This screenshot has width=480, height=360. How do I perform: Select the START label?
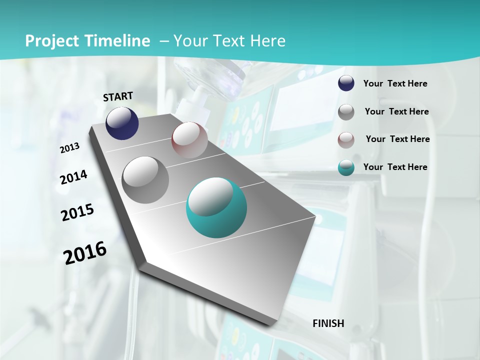(118, 96)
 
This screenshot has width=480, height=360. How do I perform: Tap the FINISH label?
(328, 323)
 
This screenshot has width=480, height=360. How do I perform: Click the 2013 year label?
(69, 148)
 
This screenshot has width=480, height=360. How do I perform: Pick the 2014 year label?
(73, 177)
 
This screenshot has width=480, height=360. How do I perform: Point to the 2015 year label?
(77, 212)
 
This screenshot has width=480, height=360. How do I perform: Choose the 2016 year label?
(85, 253)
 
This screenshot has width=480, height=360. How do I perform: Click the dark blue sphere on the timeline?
(122, 123)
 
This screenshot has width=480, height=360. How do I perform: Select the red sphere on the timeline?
(189, 140)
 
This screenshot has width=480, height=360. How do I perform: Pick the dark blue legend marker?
(346, 83)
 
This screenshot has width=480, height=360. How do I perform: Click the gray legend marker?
(346, 112)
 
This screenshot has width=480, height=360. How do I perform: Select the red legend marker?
(346, 140)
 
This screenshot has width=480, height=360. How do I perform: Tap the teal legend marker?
(346, 167)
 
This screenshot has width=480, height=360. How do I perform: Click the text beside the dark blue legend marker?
(395, 83)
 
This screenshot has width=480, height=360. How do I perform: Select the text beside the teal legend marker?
(395, 167)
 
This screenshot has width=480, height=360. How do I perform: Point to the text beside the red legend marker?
(397, 139)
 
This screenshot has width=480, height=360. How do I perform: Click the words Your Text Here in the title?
(229, 41)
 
